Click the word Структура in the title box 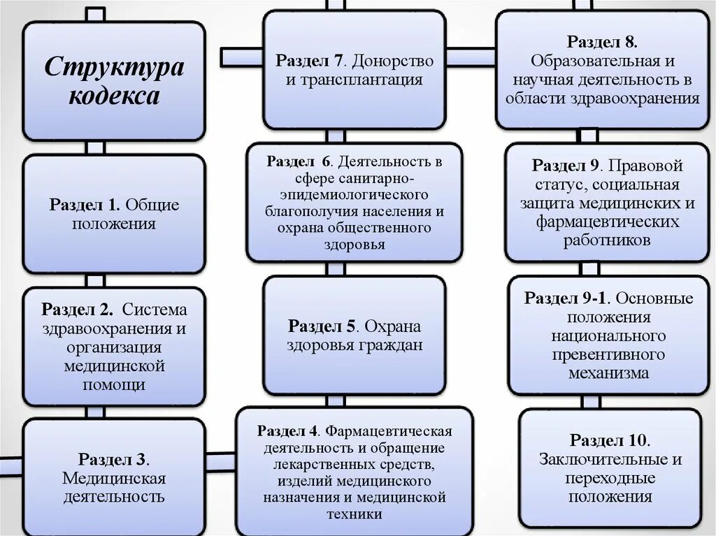(115, 68)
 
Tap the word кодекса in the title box (115, 96)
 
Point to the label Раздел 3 (113, 459)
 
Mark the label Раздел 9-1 (568, 298)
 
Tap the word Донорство (399, 61)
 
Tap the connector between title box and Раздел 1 (95, 147)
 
